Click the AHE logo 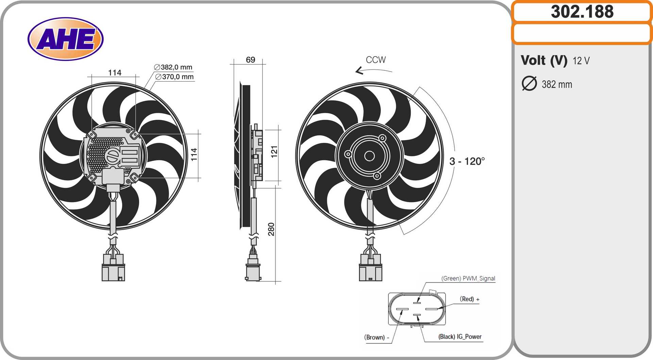pos(65,39)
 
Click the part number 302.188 pos(582,12)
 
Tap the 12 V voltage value pos(581,61)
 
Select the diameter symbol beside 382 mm pos(529,84)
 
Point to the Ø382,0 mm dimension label pos(173,67)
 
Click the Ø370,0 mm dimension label pos(174,77)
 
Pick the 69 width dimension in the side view pos(250,60)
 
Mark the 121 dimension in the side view pos(274,151)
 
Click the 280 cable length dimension pos(271,229)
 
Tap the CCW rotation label pos(375,60)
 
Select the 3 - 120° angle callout pos(467,161)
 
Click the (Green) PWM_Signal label pos(468,278)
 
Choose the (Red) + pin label pos(469,299)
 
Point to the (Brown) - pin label pos(376,337)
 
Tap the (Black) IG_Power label pos(460,337)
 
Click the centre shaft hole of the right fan pos(369,156)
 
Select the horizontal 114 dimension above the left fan pos(115,72)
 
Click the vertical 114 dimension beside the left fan pos(194,154)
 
